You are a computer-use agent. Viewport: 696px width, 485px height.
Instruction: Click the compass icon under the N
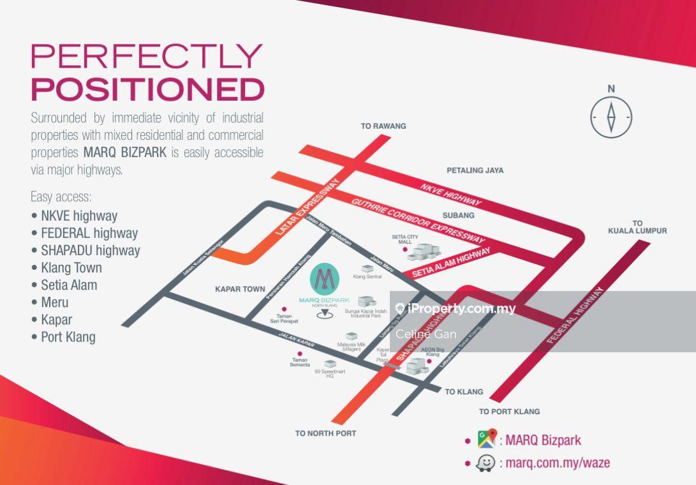tap(611, 117)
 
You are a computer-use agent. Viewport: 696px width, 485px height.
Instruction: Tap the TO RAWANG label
tap(383, 126)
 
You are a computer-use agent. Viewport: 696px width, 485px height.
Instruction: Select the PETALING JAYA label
tap(475, 170)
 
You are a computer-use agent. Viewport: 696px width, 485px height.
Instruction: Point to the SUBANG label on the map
tap(458, 216)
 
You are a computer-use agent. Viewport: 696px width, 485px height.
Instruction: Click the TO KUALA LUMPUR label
tap(637, 227)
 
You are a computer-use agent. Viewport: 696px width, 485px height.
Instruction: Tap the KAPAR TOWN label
tap(240, 289)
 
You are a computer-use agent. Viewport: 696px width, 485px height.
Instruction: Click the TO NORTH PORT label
tap(325, 433)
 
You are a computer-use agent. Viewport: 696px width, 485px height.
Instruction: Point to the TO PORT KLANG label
tap(509, 412)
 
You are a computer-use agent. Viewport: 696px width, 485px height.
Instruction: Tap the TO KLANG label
tap(464, 392)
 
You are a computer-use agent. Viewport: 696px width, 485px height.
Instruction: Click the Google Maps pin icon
tap(487, 439)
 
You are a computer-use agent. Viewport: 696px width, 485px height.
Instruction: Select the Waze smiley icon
tap(485, 463)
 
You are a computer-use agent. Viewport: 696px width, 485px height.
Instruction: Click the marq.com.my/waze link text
tap(557, 463)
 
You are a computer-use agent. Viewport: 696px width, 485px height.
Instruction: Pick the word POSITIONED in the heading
tap(147, 89)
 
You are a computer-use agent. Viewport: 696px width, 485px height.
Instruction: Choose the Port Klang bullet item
tap(68, 337)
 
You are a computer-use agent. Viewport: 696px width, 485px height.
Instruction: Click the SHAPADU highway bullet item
tap(90, 250)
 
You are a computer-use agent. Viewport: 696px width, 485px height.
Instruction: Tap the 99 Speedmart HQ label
tap(330, 373)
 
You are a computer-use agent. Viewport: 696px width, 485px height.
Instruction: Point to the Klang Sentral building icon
tap(367, 269)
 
